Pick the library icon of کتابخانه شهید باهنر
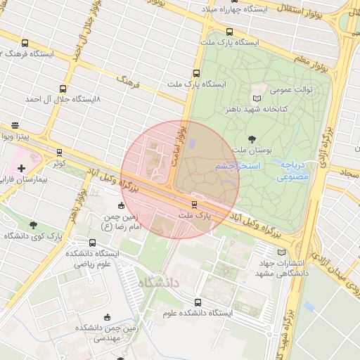257,97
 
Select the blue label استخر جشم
238,166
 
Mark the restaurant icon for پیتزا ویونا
15,125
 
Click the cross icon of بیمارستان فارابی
22,168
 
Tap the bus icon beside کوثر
59,152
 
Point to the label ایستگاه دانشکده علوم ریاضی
93,258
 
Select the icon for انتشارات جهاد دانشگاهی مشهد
282,252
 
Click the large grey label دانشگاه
160,283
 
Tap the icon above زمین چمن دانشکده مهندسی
107,317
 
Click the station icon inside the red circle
194,205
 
